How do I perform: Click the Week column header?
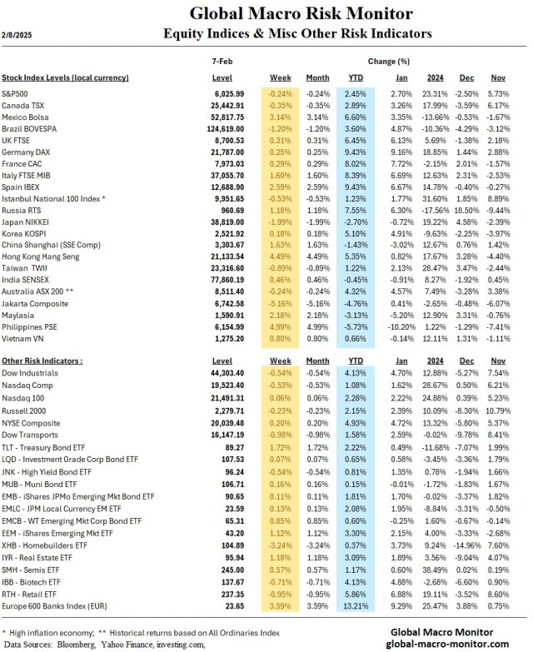(277, 77)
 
